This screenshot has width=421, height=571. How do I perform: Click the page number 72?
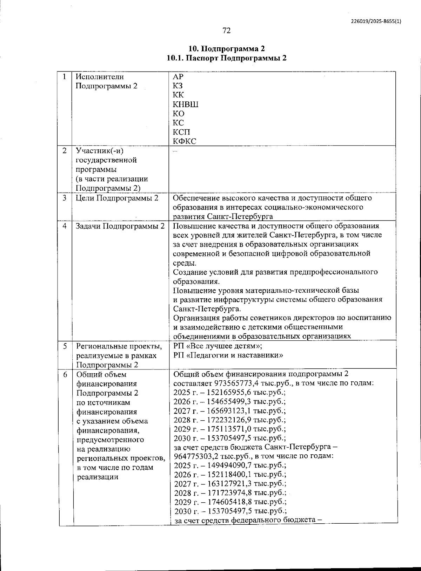(226, 31)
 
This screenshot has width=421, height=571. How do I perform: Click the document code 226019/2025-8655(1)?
(376, 21)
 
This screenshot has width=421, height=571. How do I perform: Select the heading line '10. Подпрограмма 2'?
(226, 48)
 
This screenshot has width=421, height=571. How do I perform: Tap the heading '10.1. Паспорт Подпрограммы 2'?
(226, 58)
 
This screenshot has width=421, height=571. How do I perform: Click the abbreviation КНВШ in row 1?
(186, 104)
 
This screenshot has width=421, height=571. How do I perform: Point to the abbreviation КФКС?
(185, 141)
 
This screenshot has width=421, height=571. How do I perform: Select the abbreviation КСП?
(181, 132)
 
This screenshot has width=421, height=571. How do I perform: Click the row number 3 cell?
(65, 198)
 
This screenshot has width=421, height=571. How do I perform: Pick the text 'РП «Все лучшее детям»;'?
(218, 346)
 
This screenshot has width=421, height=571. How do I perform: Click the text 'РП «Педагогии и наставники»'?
(228, 355)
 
